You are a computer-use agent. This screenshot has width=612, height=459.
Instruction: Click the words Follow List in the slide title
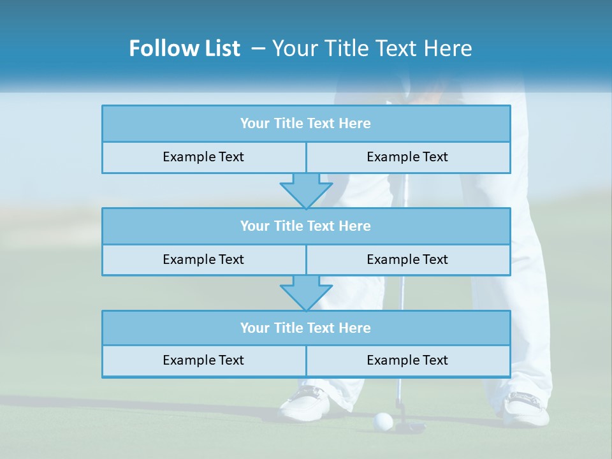click(184, 48)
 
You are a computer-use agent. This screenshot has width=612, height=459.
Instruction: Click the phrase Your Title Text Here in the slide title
click(372, 48)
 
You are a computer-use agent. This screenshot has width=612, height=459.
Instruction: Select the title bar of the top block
click(306, 124)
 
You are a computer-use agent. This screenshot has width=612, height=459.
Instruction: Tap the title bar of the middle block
click(306, 226)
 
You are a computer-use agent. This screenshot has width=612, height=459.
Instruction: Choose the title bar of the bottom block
click(306, 328)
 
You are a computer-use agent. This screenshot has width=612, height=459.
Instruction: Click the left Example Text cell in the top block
click(204, 157)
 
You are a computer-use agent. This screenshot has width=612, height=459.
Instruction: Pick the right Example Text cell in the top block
click(408, 157)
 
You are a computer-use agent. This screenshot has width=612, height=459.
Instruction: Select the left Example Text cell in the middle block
click(204, 260)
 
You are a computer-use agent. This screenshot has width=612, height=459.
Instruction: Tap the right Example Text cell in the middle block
click(408, 260)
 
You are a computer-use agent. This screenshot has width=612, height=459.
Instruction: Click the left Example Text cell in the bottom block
click(204, 361)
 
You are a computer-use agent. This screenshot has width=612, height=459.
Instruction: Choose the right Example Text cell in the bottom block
click(408, 361)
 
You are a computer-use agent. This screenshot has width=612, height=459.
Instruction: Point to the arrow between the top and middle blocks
click(306, 191)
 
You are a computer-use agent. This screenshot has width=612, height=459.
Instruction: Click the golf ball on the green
click(382, 421)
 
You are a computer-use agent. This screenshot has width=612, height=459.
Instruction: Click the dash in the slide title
click(259, 48)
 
